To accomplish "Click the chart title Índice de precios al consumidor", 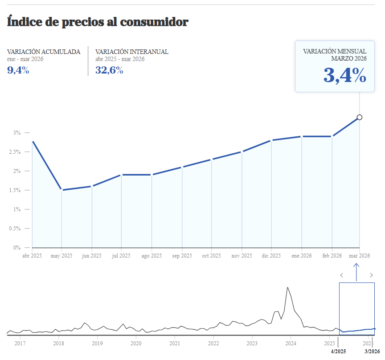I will click(x=98, y=21).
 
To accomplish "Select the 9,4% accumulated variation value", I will click(x=18, y=70).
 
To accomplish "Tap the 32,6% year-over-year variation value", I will click(x=109, y=70).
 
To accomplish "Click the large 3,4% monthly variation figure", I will click(x=344, y=76).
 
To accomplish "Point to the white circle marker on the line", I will click(x=360, y=118).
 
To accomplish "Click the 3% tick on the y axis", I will click(x=17, y=133).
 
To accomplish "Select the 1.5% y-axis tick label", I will click(x=15, y=190).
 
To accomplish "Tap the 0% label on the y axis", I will click(x=17, y=248).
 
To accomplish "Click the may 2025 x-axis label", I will click(x=61, y=256).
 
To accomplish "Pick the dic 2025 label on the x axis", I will click(x=271, y=256).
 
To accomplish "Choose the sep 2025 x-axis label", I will click(x=181, y=256).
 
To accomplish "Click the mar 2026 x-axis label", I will click(x=359, y=256).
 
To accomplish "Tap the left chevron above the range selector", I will click(x=342, y=275).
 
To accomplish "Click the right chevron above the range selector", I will click(x=371, y=275).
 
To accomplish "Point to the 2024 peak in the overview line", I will click(x=287, y=287).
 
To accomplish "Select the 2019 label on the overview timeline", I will click(x=97, y=343).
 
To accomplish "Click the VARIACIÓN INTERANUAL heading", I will click(x=132, y=52).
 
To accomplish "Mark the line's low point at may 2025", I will click(x=62, y=190).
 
